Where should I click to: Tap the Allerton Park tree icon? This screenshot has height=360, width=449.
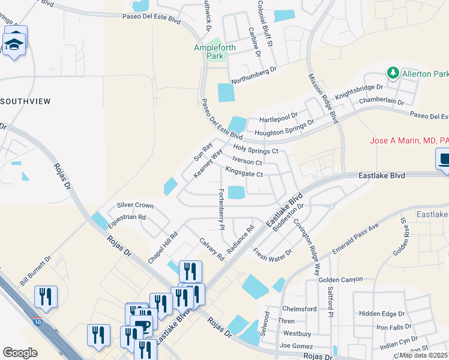pos(393,73)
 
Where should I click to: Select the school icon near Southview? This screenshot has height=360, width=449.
pos(14,44)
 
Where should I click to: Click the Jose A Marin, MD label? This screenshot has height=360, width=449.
pos(409,141)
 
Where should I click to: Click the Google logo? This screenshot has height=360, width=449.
pos(20,353)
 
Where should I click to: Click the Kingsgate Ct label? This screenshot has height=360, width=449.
pos(244,174)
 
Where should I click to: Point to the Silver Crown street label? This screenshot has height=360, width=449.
pos(135,205)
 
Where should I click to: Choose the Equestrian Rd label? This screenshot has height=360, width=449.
pos(127,221)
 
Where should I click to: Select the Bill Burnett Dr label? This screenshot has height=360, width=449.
pos(35,272)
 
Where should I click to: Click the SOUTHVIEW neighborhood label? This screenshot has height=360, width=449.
pos(25,101)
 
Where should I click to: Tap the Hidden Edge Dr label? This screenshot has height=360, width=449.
pos(381,314)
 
